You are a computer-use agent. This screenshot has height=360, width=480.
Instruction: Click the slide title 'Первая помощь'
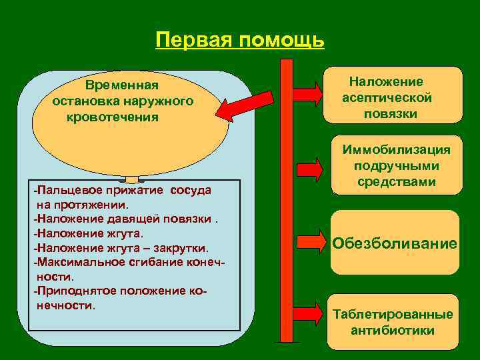click(239, 40)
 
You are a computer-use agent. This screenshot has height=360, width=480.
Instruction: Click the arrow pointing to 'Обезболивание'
click(307, 242)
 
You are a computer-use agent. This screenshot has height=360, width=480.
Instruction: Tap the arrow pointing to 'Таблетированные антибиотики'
click(307, 313)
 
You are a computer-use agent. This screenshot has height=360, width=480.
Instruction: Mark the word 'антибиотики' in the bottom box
click(393, 331)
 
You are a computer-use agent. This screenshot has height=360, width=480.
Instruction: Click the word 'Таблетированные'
click(393, 315)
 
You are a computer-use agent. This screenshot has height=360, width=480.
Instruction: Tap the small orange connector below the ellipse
click(132, 179)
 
